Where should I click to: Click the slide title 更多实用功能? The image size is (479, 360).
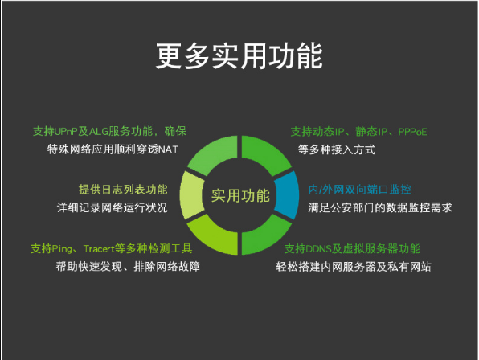pos(239,55)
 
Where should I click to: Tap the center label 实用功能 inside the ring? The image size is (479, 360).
pos(240,195)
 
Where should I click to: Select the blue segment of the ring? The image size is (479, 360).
pos(287,194)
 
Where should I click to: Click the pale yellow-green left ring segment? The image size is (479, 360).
pos(192,194)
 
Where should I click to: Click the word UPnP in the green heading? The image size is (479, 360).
pos(66,131)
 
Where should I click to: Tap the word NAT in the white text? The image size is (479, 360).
pos(168,149)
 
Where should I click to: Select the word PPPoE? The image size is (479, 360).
pos(412,132)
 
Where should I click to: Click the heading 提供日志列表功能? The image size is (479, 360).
pos(123,190)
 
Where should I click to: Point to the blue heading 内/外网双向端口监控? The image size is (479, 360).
pos(359,190)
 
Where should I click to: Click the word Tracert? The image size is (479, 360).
pos(99,249)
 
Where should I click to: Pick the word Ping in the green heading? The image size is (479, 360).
pos(62,249)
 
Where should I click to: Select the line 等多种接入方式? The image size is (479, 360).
pos(336,149)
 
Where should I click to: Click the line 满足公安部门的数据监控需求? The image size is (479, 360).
pos(379,207)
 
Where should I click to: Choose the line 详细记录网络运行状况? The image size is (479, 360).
pos(112,207)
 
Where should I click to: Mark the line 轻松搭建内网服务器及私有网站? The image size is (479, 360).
pos(354,267)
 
